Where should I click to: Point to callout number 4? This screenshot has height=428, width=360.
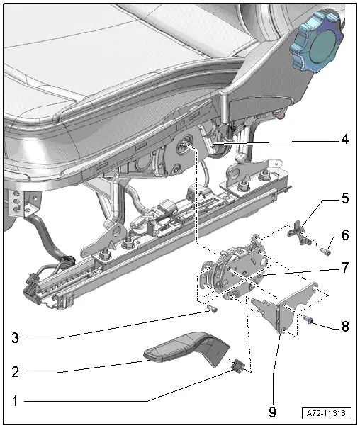(x=344, y=140)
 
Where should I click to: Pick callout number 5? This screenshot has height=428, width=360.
(x=344, y=199)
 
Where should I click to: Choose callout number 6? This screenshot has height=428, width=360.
(x=344, y=235)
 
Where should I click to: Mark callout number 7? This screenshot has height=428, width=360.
(x=344, y=269)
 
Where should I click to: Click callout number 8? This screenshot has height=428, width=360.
(x=344, y=327)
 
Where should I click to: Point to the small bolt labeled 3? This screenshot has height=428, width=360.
(x=211, y=310)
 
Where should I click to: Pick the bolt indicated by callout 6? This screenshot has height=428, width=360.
(x=327, y=248)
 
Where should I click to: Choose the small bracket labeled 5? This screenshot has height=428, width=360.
(x=303, y=235)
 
